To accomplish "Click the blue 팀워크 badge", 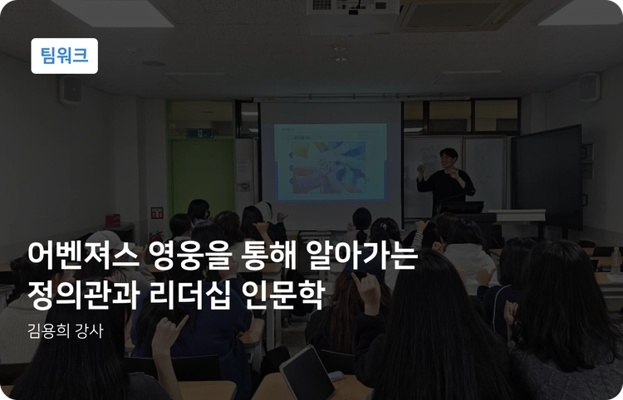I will [x=64, y=56].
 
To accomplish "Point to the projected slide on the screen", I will [x=330, y=162].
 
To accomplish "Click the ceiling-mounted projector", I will [x=352, y=10].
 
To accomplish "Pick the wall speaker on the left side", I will [x=71, y=89].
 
